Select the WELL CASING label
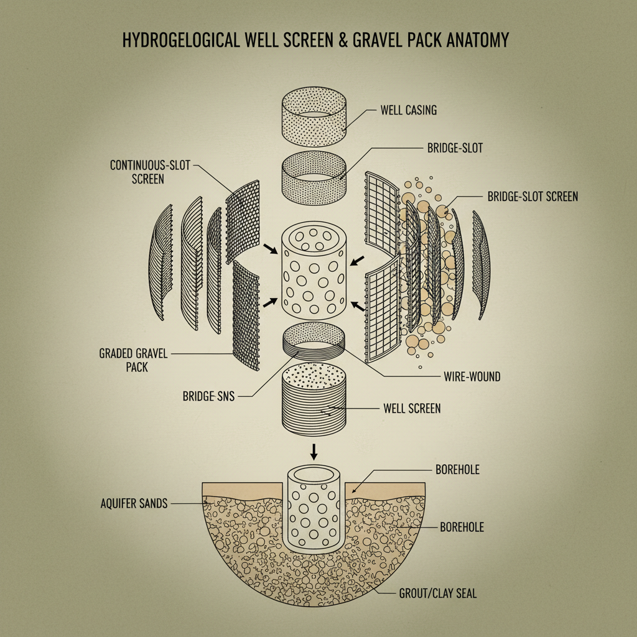click(408, 110)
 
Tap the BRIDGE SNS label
click(208, 396)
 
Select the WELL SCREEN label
click(411, 409)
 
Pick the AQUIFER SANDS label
click(134, 503)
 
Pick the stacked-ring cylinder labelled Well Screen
click(314, 401)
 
